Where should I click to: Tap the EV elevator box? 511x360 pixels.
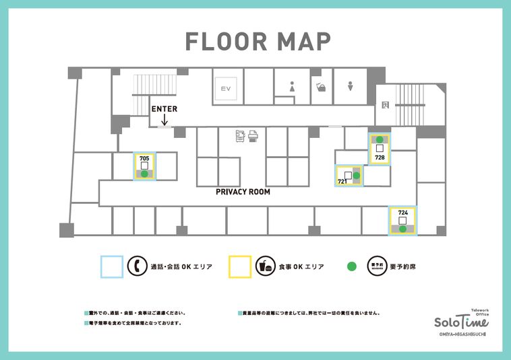[223, 87]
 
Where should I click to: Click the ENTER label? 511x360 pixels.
[164, 109]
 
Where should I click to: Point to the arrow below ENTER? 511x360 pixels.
[164, 120]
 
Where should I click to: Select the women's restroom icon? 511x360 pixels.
[292, 87]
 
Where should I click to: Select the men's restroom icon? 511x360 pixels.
[351, 87]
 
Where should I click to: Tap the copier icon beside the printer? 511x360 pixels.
[240, 135]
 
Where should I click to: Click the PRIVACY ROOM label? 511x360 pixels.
[243, 192]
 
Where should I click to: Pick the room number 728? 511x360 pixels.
[380, 157]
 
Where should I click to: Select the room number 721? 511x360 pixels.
[342, 182]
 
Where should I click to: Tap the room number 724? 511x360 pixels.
[402, 213]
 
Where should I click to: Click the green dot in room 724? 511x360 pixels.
[402, 229]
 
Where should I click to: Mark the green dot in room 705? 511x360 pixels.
[144, 174]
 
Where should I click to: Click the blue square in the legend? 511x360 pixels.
[112, 266]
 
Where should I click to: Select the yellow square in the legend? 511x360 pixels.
[240, 266]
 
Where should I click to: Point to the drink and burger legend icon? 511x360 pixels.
[265, 266]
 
